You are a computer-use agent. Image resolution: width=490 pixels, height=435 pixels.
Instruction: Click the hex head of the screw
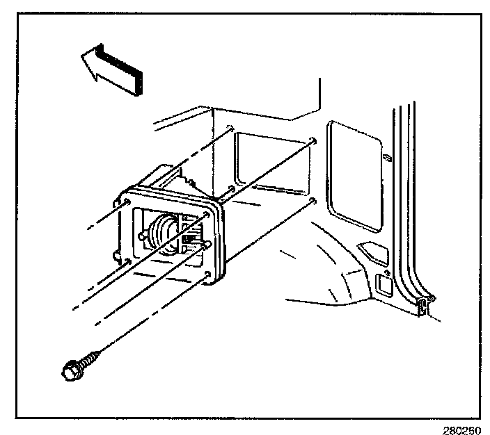(70, 370)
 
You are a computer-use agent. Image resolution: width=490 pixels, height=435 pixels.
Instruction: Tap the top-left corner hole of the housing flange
(128, 202)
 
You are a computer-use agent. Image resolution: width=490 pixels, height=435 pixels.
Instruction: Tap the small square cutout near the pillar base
(383, 284)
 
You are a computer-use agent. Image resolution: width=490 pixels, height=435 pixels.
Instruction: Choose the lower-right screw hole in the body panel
(315, 201)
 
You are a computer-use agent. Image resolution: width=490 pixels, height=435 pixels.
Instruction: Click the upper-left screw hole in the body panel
(230, 127)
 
